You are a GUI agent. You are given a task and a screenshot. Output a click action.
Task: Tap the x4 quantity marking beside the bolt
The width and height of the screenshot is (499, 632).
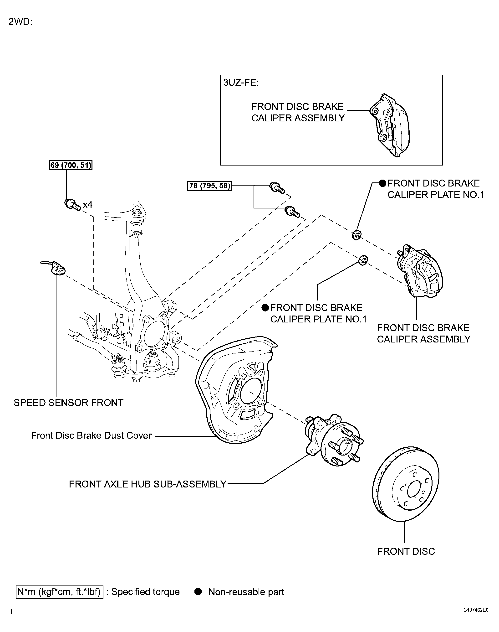pyautogui.click(x=88, y=205)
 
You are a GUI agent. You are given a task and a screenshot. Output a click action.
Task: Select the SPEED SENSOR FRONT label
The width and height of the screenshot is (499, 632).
pyautogui.click(x=68, y=403)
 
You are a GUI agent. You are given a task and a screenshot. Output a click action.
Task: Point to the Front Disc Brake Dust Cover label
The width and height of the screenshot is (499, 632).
pyautogui.click(x=91, y=435)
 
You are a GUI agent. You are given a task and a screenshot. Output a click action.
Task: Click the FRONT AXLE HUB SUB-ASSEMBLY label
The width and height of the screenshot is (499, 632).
pyautogui.click(x=148, y=484)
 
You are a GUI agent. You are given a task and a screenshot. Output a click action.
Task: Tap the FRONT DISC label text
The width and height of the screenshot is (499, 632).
pyautogui.click(x=406, y=551)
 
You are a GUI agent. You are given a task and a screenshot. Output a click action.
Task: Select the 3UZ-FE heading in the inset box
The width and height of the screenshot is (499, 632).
pyautogui.click(x=241, y=83)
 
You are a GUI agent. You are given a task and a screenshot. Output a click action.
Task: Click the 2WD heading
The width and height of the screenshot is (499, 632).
pyautogui.click(x=20, y=22)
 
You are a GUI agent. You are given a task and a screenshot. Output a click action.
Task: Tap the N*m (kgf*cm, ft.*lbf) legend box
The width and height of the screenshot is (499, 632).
pyautogui.click(x=59, y=592)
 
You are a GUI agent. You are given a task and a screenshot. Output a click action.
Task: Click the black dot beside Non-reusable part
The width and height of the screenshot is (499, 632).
pyautogui.click(x=198, y=592)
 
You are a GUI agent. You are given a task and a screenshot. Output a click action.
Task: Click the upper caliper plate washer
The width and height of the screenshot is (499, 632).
pyautogui.click(x=357, y=234)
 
